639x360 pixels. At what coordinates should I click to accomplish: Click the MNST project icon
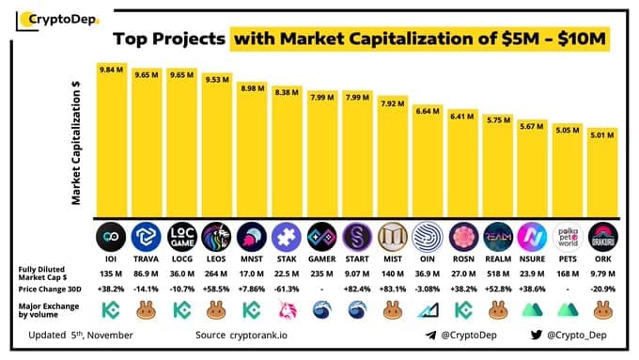[252, 233]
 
